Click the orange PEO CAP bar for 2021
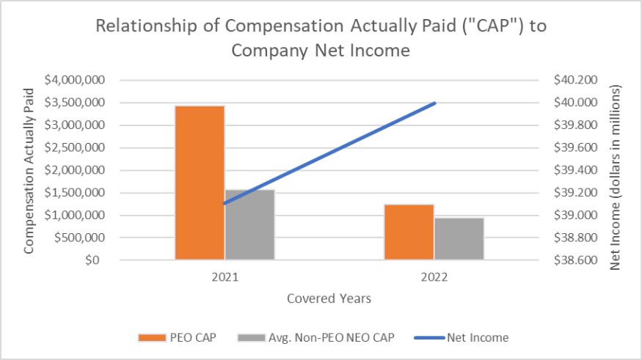pyautogui.click(x=200, y=183)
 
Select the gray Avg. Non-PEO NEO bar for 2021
pyautogui.click(x=249, y=224)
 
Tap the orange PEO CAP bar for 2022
pyautogui.click(x=409, y=232)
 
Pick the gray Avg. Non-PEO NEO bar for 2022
pyautogui.click(x=459, y=239)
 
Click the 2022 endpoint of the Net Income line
pyautogui.click(x=434, y=103)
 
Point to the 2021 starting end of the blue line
pyautogui.click(x=225, y=203)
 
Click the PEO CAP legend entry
pyautogui.click(x=177, y=337)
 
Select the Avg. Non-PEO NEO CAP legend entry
pyautogui.click(x=315, y=337)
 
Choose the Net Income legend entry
pyautogui.click(x=462, y=337)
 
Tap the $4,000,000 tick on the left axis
pyautogui.click(x=75, y=80)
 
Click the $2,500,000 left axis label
pyautogui.click(x=75, y=147)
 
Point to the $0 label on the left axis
pyautogui.click(x=92, y=260)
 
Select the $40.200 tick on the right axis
pyautogui.click(x=575, y=80)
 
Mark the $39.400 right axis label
pyautogui.click(x=575, y=170)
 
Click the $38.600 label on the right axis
pyautogui.click(x=575, y=260)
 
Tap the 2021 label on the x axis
pyautogui.click(x=225, y=277)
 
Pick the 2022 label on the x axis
pyautogui.click(x=434, y=277)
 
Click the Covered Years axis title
pyautogui.click(x=329, y=298)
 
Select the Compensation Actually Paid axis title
pyautogui.click(x=29, y=171)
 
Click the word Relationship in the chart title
pyautogui.click(x=146, y=26)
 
